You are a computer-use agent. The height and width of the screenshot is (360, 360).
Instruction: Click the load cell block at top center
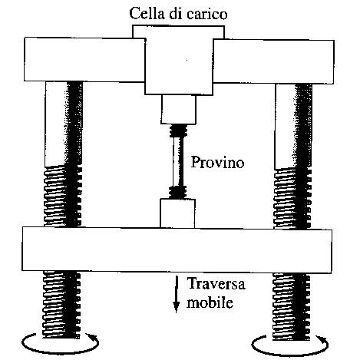tap(179, 65)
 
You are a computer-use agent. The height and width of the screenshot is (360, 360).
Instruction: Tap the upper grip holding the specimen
tap(180, 111)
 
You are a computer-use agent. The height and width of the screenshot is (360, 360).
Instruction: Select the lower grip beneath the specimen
tap(178, 213)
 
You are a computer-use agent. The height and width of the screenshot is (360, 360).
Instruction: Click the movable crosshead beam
tap(179, 246)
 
